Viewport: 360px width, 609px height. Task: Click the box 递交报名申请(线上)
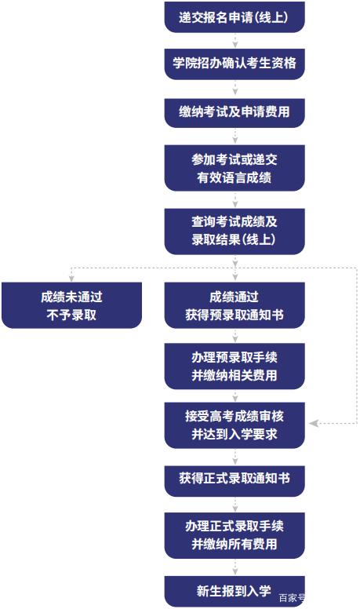[x=235, y=17]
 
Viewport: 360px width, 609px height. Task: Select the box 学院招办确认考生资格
[x=235, y=64]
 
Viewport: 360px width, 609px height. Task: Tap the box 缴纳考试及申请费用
[x=235, y=113]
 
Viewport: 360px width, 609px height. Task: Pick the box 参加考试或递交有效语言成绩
[x=235, y=168]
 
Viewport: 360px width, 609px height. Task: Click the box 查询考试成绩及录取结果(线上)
[x=235, y=232]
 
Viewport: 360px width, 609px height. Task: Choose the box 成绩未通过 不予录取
[x=71, y=305]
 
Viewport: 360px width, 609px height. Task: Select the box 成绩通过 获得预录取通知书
[x=235, y=305]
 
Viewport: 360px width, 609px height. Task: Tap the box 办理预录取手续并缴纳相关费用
[x=235, y=366]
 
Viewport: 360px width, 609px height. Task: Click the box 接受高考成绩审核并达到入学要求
[x=235, y=425]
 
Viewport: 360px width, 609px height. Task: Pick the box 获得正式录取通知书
[x=235, y=481]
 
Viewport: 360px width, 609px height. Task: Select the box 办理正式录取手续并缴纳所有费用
[x=235, y=535]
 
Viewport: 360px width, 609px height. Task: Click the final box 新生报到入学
[x=235, y=592]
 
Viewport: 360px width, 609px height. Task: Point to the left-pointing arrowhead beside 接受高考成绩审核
[x=314, y=423]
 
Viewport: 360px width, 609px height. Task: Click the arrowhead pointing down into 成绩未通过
[x=71, y=278]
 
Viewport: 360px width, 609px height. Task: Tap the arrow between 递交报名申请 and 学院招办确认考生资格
[x=235, y=41]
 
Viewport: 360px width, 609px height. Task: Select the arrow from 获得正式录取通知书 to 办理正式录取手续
[x=235, y=505]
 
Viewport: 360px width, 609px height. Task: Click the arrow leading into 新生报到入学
[x=235, y=567]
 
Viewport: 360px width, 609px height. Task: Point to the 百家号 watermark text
[x=292, y=598]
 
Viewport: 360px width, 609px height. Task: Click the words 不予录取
[x=71, y=315]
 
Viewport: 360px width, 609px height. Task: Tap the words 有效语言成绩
[x=235, y=177]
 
